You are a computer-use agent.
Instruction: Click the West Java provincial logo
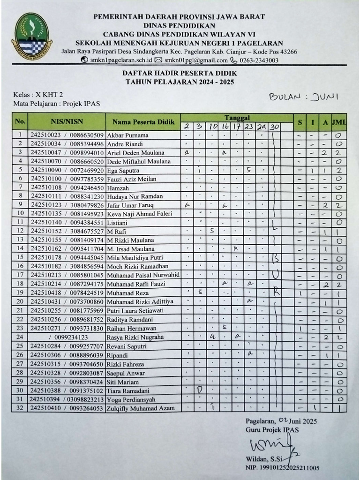click(x=32, y=34)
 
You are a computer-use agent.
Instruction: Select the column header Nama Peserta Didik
click(x=143, y=122)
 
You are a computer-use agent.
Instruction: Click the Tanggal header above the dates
click(x=237, y=117)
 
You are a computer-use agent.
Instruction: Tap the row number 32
click(x=20, y=408)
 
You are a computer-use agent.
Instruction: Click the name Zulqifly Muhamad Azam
click(x=141, y=408)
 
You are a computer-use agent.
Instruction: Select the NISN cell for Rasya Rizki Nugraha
click(x=68, y=337)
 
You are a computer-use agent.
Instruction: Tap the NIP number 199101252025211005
click(x=290, y=467)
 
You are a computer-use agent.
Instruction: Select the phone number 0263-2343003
click(x=259, y=60)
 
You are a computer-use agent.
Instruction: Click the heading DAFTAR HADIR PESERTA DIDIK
click(x=180, y=74)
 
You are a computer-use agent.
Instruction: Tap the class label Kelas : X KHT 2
click(x=38, y=95)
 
